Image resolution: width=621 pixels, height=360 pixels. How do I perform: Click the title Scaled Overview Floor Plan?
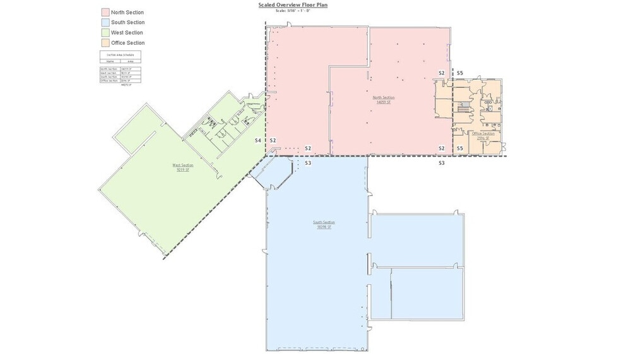pyautogui.click(x=293, y=5)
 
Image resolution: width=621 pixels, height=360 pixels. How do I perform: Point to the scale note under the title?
pyautogui.click(x=293, y=11)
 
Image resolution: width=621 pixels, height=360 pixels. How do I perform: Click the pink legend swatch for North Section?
pyautogui.click(x=105, y=13)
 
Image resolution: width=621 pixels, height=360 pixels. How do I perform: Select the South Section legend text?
pyautogui.click(x=127, y=23)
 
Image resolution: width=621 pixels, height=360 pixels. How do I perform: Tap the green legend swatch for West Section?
pyautogui.click(x=105, y=33)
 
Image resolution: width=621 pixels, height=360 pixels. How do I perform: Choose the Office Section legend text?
pyautogui.click(x=127, y=43)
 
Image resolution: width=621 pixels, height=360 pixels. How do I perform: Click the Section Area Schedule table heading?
pyautogui.click(x=120, y=56)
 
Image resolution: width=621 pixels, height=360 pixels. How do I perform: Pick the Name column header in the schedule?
pyautogui.click(x=110, y=62)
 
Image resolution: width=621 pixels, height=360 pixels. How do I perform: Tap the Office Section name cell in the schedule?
pyautogui.click(x=109, y=81)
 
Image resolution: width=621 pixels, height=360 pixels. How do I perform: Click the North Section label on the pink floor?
pyautogui.click(x=384, y=97)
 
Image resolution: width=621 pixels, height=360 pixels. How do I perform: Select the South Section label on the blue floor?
pyautogui.click(x=324, y=222)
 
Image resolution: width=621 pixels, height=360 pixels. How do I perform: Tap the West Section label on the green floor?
pyautogui.click(x=183, y=165)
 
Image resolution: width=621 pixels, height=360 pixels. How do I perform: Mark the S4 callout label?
pyautogui.click(x=257, y=140)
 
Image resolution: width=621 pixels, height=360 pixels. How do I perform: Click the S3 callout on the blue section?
pyautogui.click(x=308, y=163)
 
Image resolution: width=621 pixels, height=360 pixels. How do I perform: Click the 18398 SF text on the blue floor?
pyautogui.click(x=324, y=227)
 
